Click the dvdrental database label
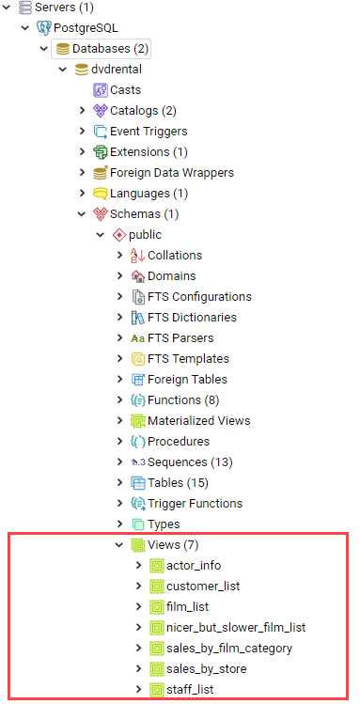117,70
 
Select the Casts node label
125,90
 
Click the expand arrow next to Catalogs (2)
82,111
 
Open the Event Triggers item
149,131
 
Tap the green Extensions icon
101,152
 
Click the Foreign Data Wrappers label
172,172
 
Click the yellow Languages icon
101,194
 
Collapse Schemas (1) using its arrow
82,214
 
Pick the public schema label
145,234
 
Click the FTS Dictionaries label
192,317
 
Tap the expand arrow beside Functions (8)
119,399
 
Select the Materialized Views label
199,421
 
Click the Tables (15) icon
138,483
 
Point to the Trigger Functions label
195,503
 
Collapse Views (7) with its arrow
119,544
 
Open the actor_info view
194,565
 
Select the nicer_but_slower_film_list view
236,627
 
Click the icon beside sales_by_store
157,669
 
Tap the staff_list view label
190,689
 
